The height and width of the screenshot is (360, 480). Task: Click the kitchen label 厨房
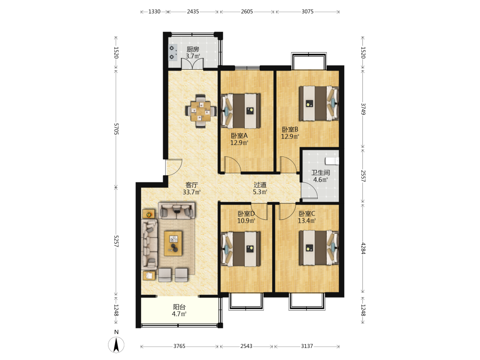click(193, 49)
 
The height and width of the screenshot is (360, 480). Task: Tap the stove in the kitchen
click(173, 52)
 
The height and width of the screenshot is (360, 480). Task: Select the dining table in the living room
click(201, 111)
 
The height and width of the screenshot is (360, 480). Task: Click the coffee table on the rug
click(173, 243)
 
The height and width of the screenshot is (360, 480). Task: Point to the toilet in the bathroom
click(332, 161)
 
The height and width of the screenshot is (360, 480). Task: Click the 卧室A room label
click(239, 136)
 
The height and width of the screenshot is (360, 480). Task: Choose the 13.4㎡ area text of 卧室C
click(307, 220)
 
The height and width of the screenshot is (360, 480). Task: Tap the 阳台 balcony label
click(180, 307)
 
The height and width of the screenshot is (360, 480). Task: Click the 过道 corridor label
click(260, 185)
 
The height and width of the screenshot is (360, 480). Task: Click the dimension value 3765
click(180, 346)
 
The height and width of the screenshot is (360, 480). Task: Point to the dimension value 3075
click(307, 12)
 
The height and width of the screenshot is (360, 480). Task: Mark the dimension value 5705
click(116, 129)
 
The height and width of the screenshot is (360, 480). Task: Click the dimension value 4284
click(363, 248)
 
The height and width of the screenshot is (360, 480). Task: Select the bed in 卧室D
click(240, 248)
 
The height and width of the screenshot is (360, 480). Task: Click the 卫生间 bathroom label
click(321, 173)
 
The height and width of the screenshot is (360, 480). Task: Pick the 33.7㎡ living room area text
click(192, 192)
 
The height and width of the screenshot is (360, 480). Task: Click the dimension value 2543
click(246, 346)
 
